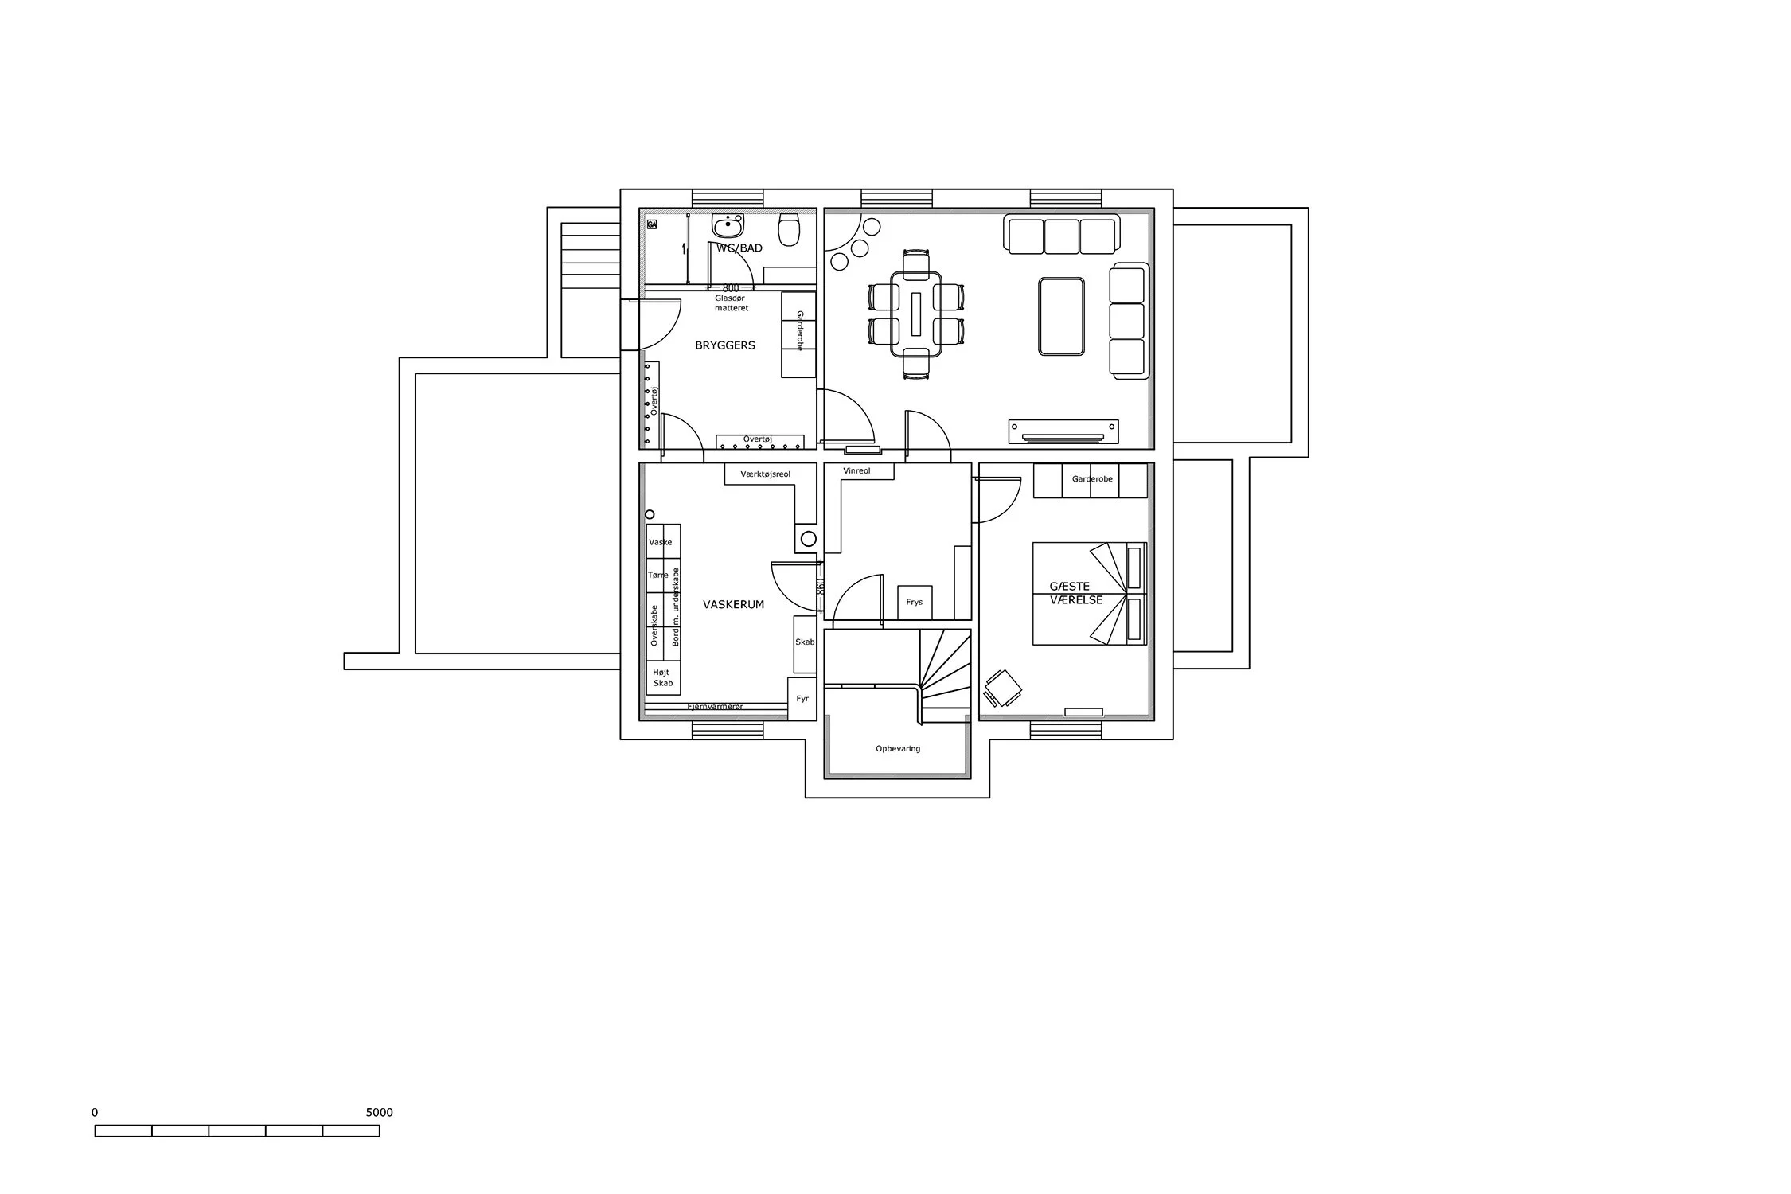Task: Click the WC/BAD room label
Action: point(739,248)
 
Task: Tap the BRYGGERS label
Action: point(724,345)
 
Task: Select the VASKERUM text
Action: point(732,604)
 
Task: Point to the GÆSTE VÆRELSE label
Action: point(1075,593)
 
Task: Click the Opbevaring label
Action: point(897,748)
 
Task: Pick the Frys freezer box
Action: point(914,602)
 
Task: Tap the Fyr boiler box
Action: point(802,698)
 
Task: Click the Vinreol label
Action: point(856,470)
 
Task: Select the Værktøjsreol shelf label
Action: point(765,474)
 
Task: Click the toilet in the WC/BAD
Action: point(789,230)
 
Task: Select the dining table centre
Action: point(915,314)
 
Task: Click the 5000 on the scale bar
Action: point(379,1112)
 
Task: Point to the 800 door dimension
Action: point(730,287)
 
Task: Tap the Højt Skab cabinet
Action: point(662,677)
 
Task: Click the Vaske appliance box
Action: point(660,542)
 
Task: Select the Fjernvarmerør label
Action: point(715,706)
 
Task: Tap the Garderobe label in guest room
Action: point(1091,479)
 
